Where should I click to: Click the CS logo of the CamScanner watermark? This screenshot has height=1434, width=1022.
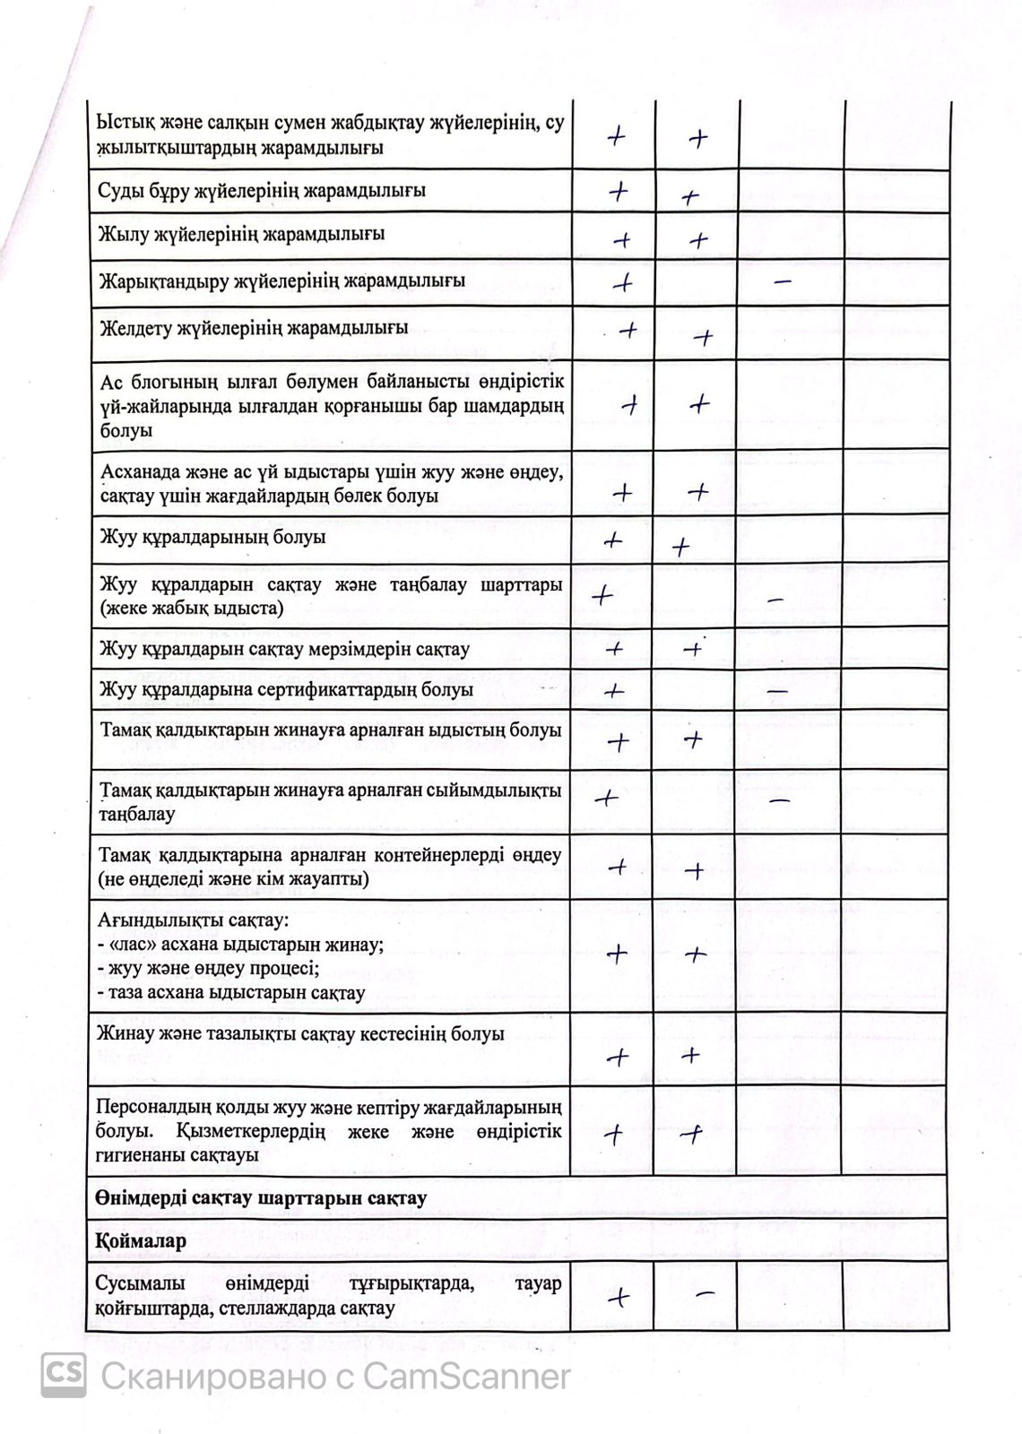(64, 1375)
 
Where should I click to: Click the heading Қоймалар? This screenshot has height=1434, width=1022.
(141, 1241)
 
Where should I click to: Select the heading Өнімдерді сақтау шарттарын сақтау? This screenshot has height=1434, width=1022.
(261, 1197)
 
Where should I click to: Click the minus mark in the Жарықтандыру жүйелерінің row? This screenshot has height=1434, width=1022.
(782, 281)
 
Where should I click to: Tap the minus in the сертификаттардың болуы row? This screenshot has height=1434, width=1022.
(777, 692)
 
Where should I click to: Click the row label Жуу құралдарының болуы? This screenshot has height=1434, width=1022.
(212, 538)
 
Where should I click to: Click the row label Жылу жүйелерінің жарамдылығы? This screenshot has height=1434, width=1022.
(241, 235)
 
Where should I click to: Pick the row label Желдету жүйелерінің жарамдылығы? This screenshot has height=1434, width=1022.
(253, 328)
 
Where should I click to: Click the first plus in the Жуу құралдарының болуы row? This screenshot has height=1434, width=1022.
(613, 540)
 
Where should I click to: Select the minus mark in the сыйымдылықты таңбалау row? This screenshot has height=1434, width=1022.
(779, 799)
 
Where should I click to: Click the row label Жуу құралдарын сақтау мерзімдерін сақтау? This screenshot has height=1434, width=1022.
(284, 649)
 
